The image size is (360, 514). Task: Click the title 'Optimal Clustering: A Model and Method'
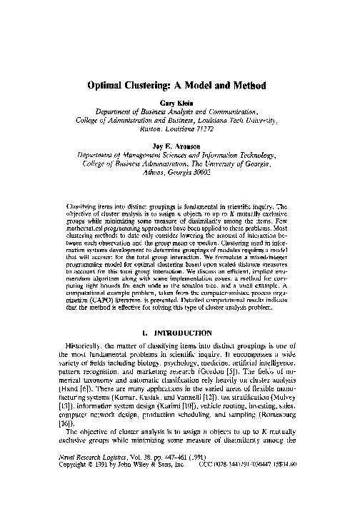click(181, 84)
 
